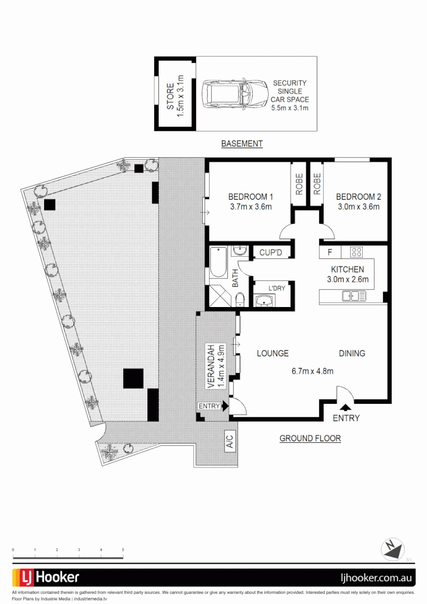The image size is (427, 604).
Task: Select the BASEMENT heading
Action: click(242, 144)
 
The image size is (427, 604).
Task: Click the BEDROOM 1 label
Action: click(250, 197)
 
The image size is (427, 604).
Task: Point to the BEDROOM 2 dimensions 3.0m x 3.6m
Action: click(358, 206)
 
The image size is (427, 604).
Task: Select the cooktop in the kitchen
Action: click(357, 252)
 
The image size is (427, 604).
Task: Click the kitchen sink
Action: click(354, 296)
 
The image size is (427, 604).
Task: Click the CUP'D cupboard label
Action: click(271, 253)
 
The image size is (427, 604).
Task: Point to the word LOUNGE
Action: click(273, 353)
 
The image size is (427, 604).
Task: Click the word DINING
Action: click(352, 353)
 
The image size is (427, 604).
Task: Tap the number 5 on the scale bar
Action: click(123, 550)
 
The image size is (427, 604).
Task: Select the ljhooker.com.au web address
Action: click(376, 578)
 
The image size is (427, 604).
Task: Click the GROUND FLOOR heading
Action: click(310, 438)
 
